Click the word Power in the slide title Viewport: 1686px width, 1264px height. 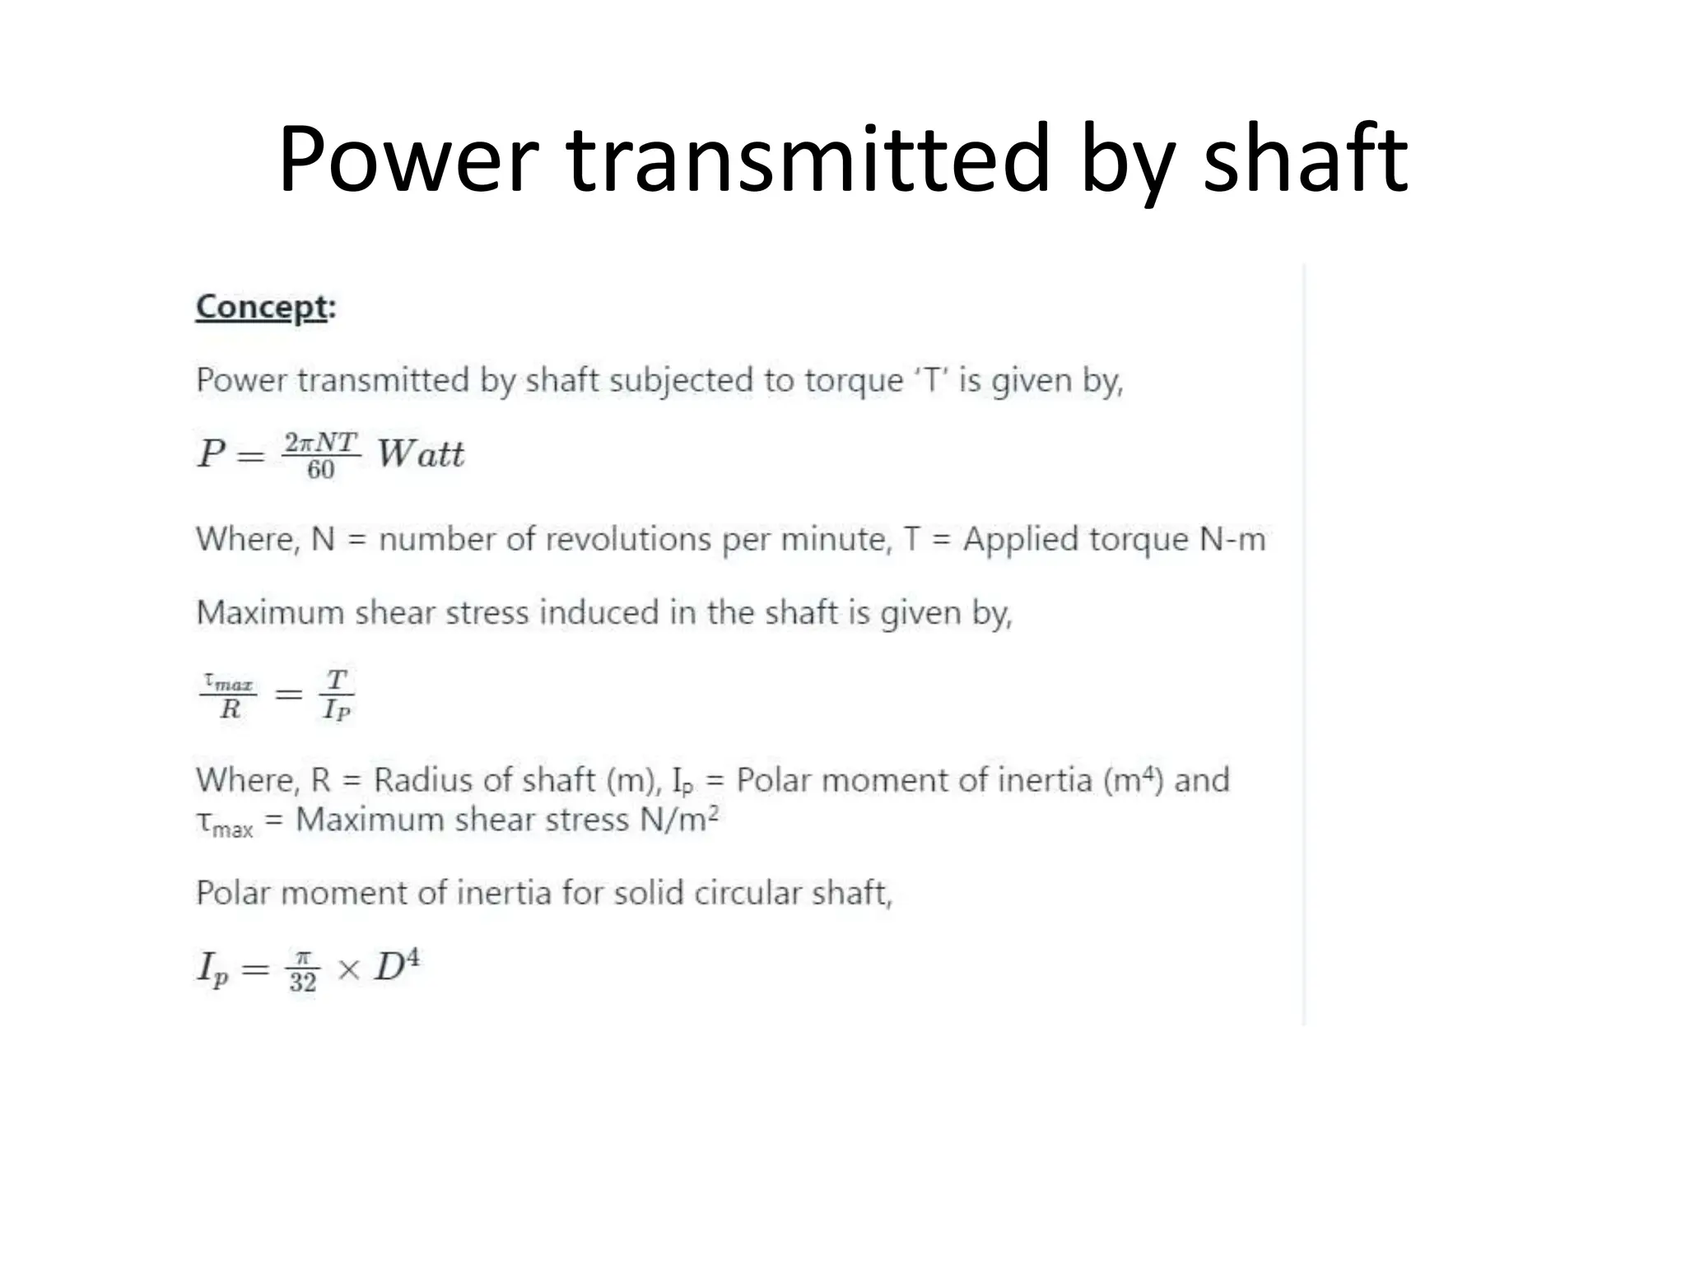pos(408,159)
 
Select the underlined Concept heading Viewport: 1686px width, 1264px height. pos(262,308)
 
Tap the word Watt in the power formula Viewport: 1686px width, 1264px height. pos(421,454)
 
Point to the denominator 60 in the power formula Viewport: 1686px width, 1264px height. pos(320,470)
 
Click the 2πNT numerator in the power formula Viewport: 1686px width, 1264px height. pos(320,443)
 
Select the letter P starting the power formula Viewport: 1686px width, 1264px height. pos(211,453)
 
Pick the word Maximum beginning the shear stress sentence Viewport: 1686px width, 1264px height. pos(270,613)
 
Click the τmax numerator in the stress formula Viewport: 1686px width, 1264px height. pos(229,682)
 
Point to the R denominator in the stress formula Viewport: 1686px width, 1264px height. pos(230,709)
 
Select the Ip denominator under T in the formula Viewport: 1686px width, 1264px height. pos(336,709)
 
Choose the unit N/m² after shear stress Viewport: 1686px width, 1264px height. pos(679,820)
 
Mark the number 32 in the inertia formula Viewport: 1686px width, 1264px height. pos(302,982)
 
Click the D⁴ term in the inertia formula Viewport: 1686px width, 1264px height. pos(397,965)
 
